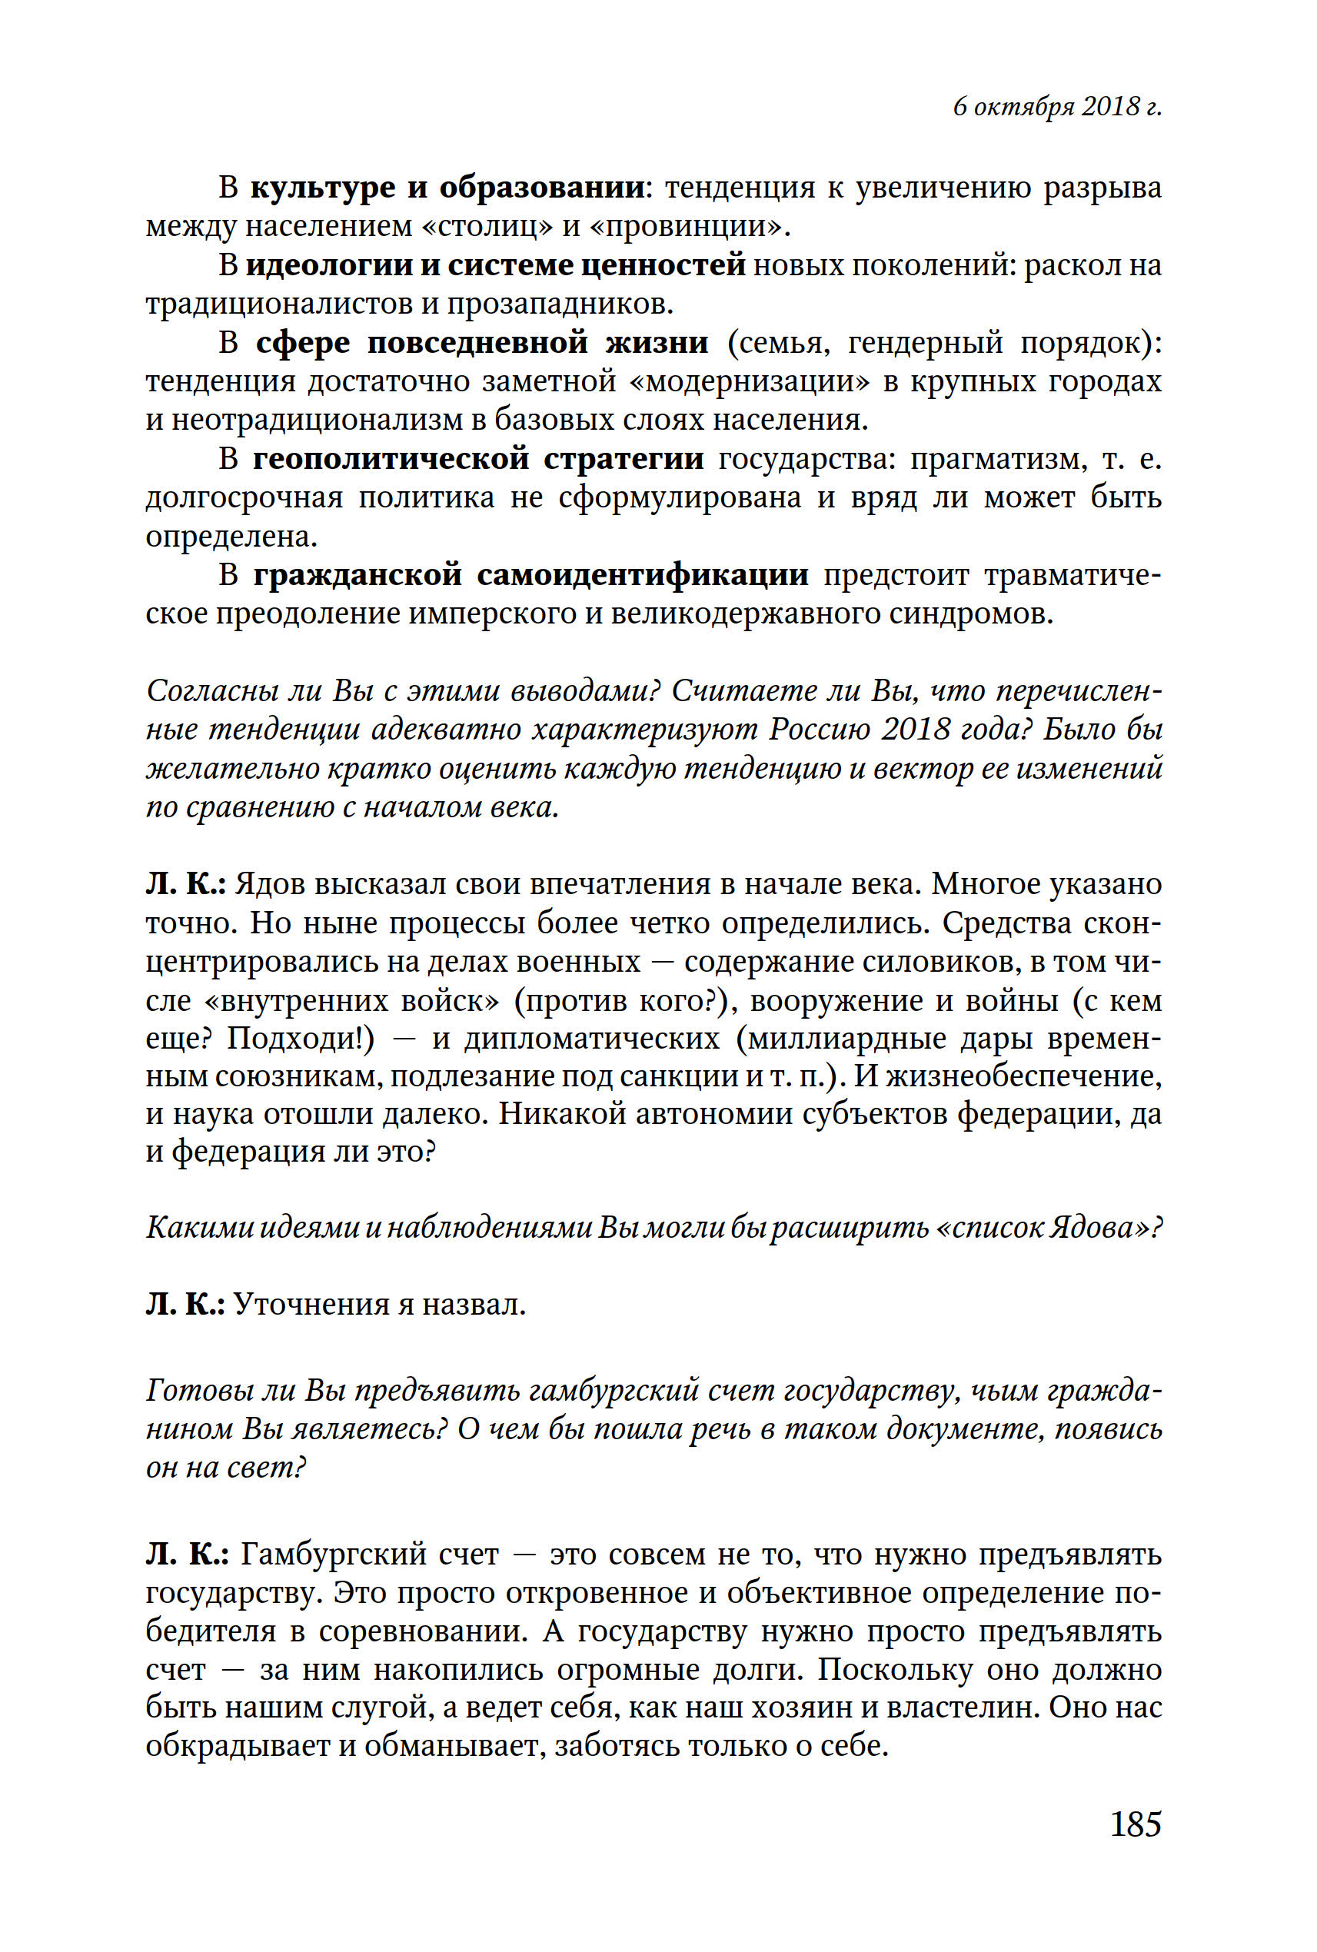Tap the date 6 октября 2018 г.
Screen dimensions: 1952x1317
coord(1056,107)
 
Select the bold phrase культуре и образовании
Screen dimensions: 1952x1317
coord(447,187)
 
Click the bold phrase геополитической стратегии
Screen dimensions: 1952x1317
coord(478,459)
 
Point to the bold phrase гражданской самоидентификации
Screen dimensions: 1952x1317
coord(530,574)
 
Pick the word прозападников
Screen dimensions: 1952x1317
coord(560,303)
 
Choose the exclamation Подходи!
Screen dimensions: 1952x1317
coord(300,1039)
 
